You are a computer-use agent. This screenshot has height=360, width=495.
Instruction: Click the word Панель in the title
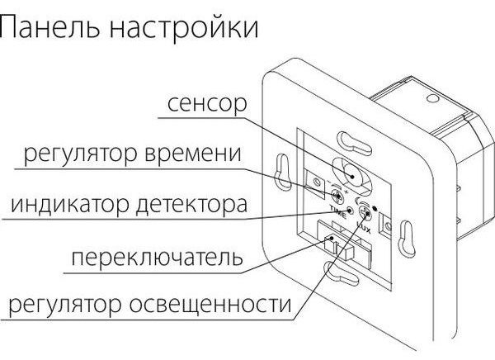[x=49, y=27]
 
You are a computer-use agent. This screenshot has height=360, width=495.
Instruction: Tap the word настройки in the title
[x=184, y=27]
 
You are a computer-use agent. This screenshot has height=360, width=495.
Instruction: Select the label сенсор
[x=207, y=104]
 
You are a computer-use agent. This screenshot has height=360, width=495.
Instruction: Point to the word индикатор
[x=70, y=204]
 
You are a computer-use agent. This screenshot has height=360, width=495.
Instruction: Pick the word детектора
[x=191, y=205]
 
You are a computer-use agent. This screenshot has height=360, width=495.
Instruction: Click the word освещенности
[x=210, y=304]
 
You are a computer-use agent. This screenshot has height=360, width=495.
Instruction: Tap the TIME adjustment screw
[x=337, y=197]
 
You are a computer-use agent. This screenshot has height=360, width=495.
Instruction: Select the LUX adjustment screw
[x=365, y=215]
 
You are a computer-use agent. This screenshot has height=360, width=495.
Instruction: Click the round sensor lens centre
[x=351, y=175]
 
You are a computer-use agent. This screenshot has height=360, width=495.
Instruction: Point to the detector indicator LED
[x=350, y=211]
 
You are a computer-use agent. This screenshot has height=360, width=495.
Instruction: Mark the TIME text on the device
[x=337, y=211]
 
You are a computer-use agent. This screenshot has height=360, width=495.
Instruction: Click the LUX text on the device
[x=364, y=227]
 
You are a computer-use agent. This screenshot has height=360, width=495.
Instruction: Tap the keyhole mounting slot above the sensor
[x=354, y=143]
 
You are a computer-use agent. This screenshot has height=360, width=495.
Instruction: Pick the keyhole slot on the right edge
[x=406, y=239]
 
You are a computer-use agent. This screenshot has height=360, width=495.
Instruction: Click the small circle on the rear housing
[x=432, y=98]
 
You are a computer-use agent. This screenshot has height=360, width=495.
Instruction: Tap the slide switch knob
[x=329, y=243]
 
